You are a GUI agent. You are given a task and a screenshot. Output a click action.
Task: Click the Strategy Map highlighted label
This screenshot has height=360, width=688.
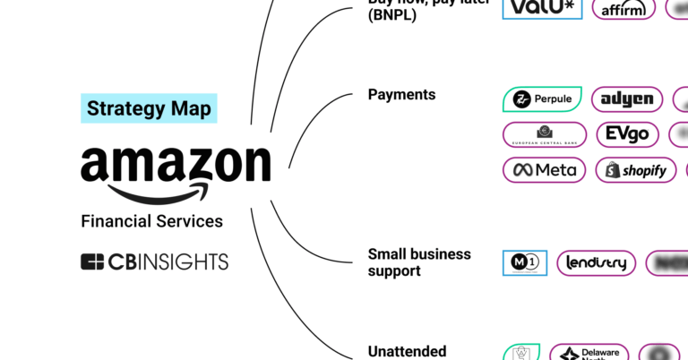pos(149,108)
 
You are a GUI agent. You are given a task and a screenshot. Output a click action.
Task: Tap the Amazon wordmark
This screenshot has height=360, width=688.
pos(176,164)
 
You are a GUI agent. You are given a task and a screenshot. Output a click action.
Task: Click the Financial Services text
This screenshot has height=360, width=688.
pos(151,221)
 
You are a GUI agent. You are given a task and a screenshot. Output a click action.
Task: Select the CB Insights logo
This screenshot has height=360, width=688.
pos(154,261)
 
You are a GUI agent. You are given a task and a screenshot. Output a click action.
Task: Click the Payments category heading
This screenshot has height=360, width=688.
pos(401,95)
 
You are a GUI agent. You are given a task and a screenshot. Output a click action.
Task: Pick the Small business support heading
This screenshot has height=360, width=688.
pos(418,262)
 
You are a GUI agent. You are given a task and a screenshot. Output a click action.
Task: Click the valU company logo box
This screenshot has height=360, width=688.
pos(542,8)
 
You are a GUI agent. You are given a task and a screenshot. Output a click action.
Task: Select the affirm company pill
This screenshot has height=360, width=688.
pos(623,9)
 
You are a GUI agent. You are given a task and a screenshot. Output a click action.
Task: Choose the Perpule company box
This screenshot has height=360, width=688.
pos(542,99)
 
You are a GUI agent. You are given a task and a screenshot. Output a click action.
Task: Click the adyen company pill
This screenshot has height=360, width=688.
pos(627,99)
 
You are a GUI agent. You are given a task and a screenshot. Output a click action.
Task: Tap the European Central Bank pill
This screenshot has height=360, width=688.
pos(545,134)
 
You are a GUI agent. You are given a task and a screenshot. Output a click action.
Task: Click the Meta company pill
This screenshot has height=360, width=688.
pos(545,169)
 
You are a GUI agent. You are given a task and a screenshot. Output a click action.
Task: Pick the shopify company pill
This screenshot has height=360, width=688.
pos(635,169)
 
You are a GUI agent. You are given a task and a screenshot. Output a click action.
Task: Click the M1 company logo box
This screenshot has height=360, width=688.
pos(524,262)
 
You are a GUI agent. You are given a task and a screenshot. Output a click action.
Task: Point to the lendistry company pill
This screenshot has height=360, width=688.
pos(596,262)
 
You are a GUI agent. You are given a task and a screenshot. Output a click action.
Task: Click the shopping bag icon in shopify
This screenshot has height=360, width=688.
pos(613,169)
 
